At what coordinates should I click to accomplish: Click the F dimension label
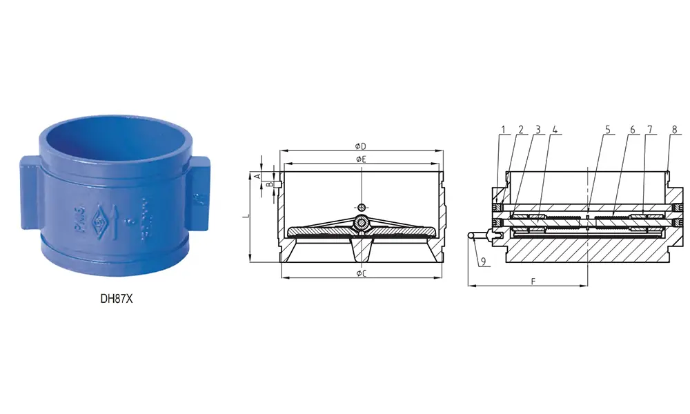(533, 281)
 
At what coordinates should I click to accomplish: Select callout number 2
(521, 129)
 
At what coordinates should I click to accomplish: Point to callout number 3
(538, 129)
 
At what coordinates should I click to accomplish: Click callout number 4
(555, 129)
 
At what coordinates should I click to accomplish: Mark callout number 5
(607, 129)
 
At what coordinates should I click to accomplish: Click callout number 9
(483, 262)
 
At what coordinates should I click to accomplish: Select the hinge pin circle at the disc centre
(362, 222)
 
